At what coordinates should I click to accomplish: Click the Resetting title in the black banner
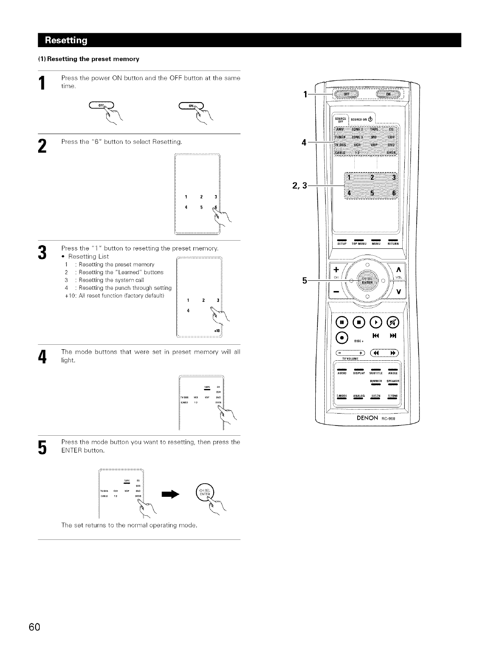point(66,40)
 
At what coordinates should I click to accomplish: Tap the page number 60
point(34,627)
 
